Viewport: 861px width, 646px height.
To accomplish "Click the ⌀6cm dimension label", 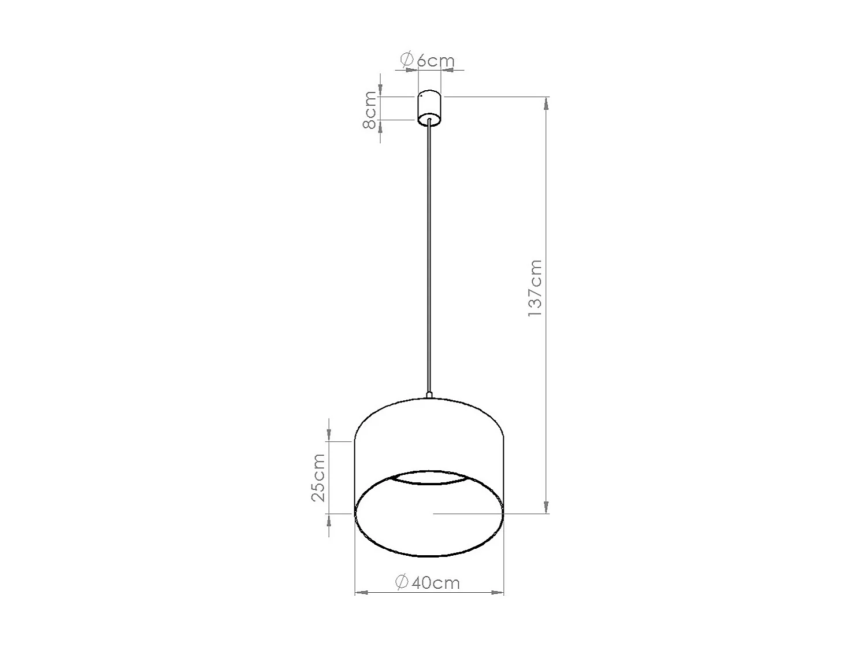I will pos(428,60).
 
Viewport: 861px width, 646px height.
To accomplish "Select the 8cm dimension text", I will pos(370,110).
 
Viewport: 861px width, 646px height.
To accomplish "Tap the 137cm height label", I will pos(535,288).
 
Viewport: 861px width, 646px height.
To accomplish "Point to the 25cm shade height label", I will pos(318,478).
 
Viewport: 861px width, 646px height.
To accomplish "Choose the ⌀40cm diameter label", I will pos(428,582).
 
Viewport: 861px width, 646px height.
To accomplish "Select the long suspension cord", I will pos(429,260).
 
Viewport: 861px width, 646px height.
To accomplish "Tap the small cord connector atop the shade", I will pos(429,396).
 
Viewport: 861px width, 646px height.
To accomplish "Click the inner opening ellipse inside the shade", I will pos(428,477).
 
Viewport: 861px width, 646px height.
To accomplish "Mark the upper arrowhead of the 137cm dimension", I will pos(546,103).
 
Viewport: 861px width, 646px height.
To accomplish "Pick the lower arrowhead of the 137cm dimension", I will pos(546,507).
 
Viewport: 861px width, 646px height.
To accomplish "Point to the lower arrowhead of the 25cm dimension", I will pos(329,519).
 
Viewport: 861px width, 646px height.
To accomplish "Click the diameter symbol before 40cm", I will pos(402,582).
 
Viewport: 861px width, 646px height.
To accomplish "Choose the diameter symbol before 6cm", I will pos(407,59).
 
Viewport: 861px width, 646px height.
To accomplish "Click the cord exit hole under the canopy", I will pos(429,121).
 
